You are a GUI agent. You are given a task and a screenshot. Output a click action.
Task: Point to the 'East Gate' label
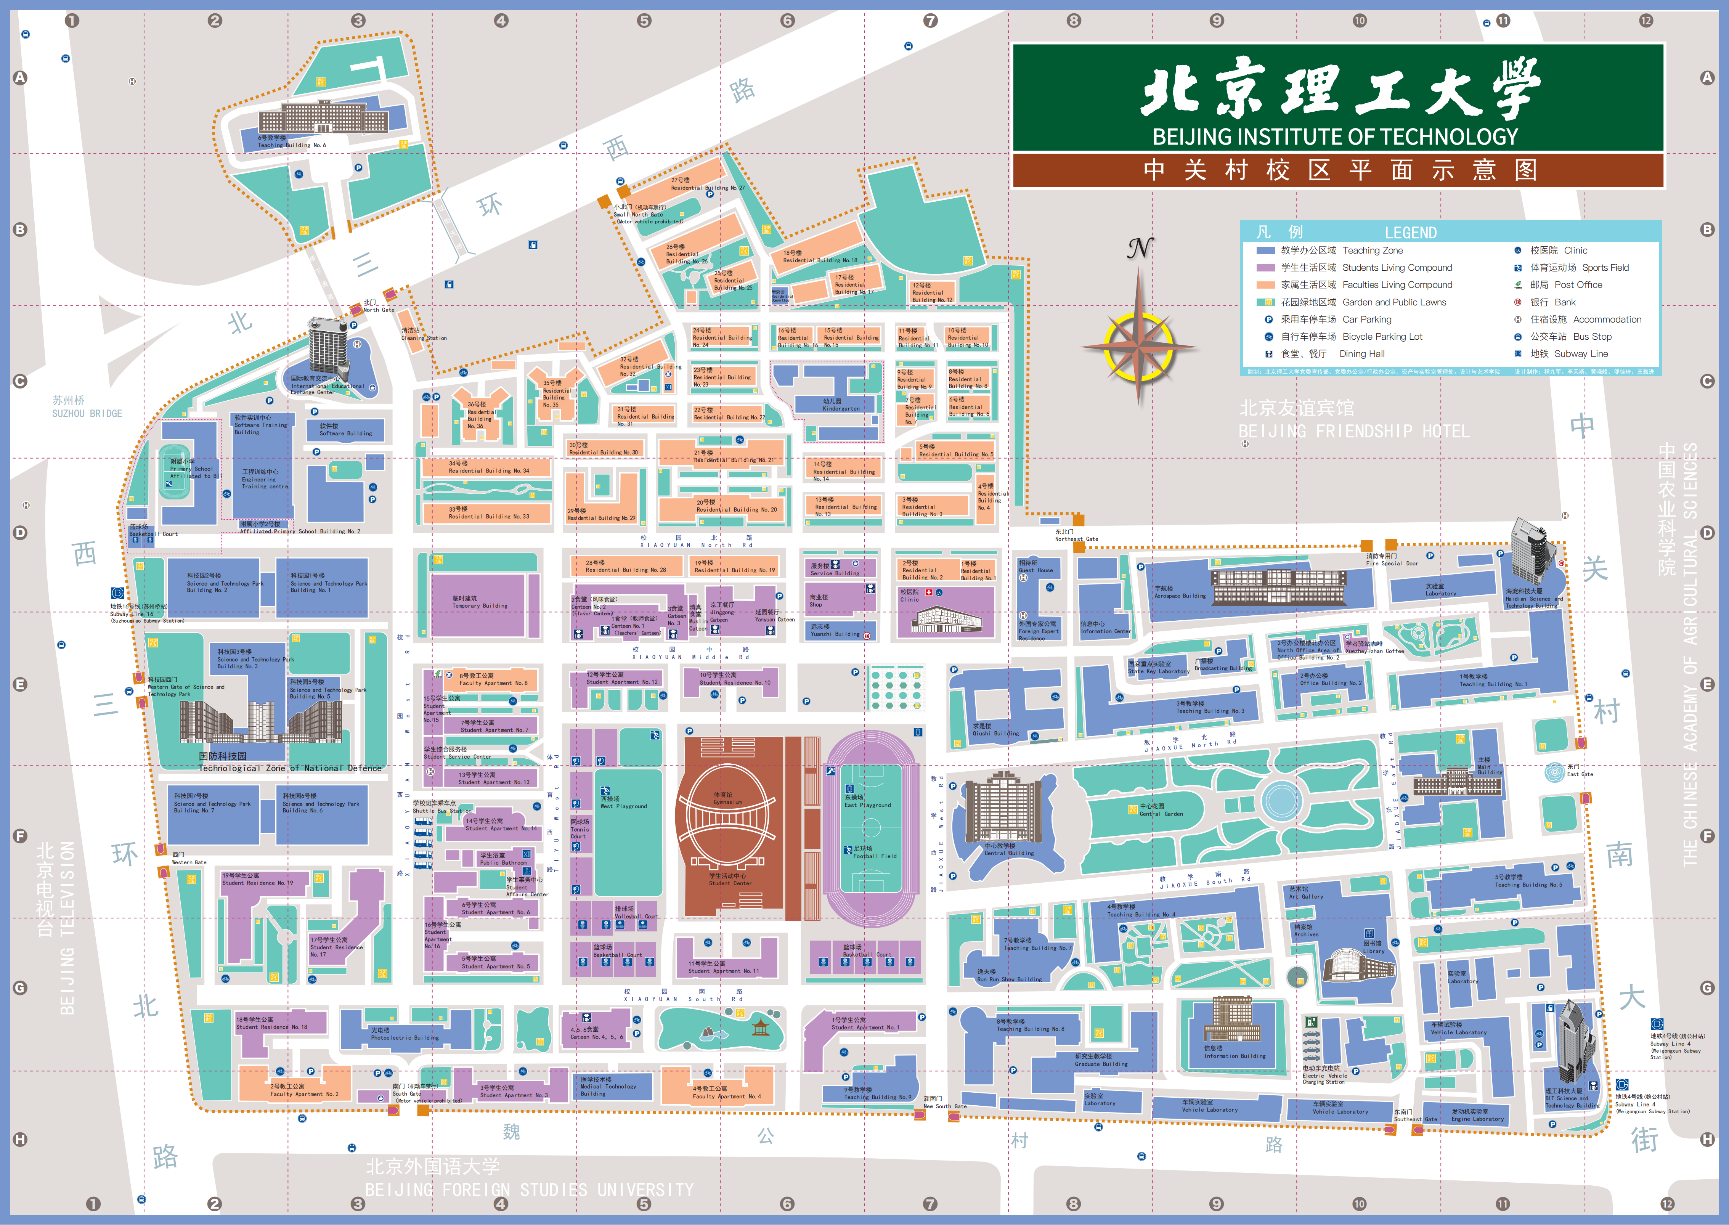(1580, 774)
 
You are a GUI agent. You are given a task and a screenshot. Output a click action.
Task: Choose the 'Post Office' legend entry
(1578, 284)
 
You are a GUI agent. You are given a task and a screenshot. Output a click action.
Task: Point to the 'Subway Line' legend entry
(1581, 354)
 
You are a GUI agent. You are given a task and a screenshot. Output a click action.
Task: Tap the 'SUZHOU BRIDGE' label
(87, 413)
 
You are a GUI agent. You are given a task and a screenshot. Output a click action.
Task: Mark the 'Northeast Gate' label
(1076, 539)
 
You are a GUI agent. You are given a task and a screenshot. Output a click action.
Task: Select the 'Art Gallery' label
(1306, 896)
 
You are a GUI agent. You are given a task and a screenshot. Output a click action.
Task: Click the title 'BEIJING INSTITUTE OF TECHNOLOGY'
(1335, 136)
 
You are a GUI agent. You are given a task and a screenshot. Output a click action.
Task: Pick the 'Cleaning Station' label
(424, 338)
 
